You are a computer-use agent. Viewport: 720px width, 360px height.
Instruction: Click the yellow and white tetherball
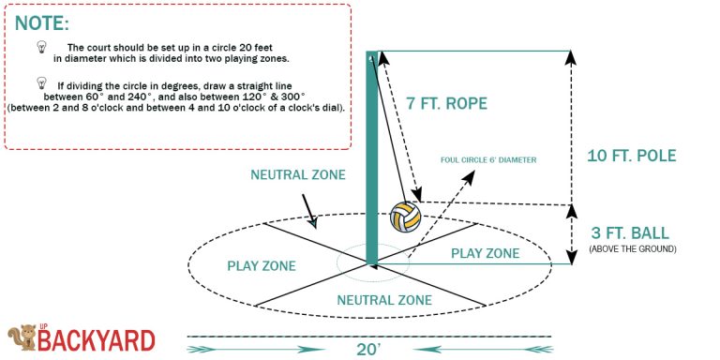tap(405, 217)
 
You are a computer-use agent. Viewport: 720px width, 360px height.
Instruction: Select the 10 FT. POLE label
tap(632, 156)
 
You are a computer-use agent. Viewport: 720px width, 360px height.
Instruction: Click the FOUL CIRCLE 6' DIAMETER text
tap(488, 160)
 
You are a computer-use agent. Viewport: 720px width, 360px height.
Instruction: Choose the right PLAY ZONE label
tap(485, 253)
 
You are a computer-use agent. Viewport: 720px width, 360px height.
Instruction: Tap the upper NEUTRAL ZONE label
tap(298, 175)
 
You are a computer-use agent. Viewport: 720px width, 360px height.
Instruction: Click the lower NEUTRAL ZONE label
tap(384, 300)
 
